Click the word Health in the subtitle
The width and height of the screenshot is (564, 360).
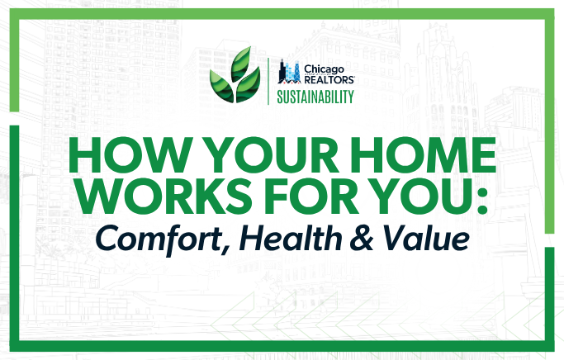(291, 237)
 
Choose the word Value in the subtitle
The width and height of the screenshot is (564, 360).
(426, 237)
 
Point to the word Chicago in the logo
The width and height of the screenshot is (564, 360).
(324, 69)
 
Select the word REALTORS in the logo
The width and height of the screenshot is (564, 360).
(329, 79)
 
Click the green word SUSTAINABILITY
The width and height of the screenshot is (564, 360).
(315, 97)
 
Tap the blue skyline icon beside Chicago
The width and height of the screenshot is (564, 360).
(290, 72)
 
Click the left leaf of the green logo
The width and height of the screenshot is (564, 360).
(222, 87)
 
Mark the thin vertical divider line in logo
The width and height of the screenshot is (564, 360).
(268, 81)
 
